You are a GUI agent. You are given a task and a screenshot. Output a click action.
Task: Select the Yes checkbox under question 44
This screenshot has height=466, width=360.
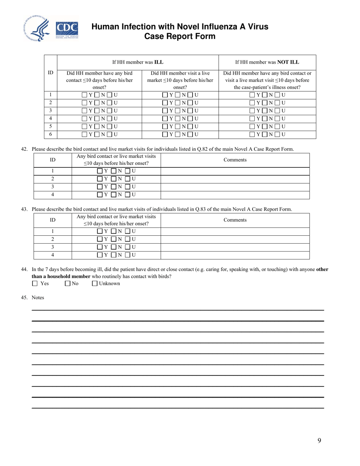35,283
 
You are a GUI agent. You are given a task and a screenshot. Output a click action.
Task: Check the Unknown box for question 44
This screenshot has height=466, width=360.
95,283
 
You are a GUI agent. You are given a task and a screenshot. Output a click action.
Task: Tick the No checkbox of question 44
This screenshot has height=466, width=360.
67,283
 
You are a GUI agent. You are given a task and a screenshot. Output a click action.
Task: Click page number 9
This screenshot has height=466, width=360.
319,440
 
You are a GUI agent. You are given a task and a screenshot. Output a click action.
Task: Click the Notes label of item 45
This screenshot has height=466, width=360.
38,298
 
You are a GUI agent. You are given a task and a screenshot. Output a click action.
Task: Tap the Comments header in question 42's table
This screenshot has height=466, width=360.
235,160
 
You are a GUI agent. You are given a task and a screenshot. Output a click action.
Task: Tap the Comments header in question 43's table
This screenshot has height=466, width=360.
235,220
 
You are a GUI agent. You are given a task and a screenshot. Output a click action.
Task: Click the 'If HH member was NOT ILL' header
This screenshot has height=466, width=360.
267,62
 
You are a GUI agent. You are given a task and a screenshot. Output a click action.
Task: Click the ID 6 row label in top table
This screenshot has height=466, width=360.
50,134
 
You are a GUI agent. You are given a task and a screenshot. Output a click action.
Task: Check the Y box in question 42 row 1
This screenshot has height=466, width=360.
100,171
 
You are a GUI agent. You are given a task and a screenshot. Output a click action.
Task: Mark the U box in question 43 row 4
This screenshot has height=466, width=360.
128,255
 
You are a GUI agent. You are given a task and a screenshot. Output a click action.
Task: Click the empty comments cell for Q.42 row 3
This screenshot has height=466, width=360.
235,187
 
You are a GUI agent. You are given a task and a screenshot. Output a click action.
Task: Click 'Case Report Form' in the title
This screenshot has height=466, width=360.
180,36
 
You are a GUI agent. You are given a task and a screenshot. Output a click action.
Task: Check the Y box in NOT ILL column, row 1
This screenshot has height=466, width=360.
252,95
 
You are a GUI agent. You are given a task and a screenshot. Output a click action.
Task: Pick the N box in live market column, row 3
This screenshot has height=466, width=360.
178,111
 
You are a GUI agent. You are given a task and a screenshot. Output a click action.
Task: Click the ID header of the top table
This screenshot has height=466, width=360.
50,72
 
